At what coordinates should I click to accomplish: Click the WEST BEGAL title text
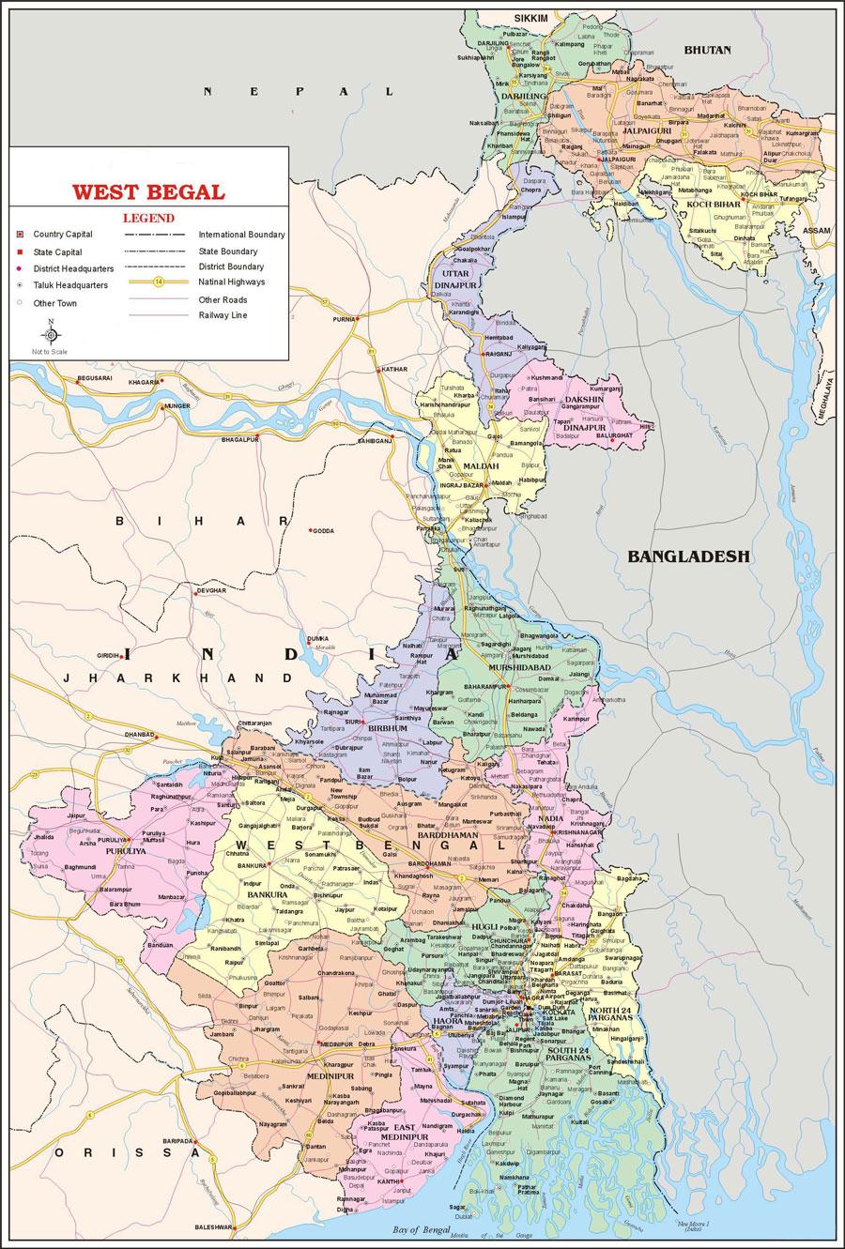click(x=149, y=192)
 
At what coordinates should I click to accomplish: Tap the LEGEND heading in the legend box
click(x=149, y=217)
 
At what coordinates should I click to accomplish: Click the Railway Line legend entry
click(x=223, y=315)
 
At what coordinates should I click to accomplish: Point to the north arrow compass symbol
click(x=51, y=334)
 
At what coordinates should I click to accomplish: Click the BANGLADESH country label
click(x=689, y=556)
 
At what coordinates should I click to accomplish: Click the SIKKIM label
click(x=530, y=18)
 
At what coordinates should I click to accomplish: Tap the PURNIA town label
click(x=344, y=319)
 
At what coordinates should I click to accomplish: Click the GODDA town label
click(x=324, y=530)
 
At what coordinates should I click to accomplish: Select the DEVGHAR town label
click(x=211, y=591)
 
